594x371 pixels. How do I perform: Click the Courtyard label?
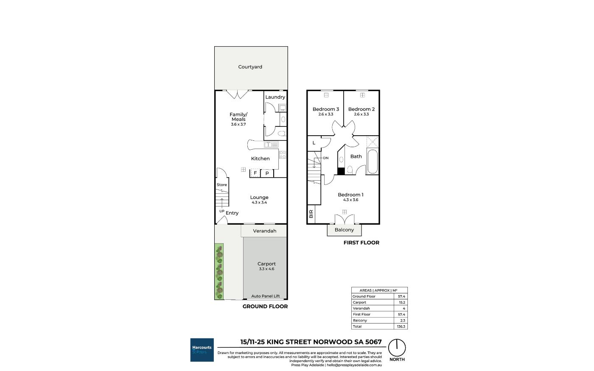[250, 67]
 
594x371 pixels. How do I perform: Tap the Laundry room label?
[275, 97]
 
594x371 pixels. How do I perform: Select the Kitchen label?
[260, 159]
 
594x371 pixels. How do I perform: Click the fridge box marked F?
[255, 173]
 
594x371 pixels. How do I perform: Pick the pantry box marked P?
[267, 173]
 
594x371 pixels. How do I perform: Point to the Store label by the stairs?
[221, 185]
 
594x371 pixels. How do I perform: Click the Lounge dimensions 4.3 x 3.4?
[259, 203]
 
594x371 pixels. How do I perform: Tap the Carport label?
[266, 264]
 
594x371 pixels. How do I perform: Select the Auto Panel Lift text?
[266, 296]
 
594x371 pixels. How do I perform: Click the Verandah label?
[265, 231]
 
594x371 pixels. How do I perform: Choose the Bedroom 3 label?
[326, 109]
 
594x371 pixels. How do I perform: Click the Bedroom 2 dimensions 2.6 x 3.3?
[361, 114]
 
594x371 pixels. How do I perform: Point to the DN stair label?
[326, 158]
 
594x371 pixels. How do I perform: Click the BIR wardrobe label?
[311, 214]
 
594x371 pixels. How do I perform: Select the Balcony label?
[344, 230]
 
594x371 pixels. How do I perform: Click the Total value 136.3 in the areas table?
[401, 326]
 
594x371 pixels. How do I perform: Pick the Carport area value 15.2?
[402, 302]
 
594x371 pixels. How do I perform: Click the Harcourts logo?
[202, 350]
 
